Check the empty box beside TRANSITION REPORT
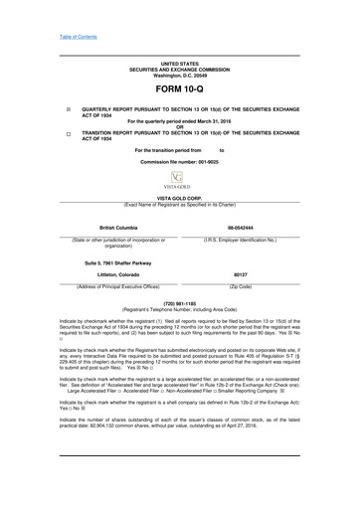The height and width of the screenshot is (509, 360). [x=69, y=131]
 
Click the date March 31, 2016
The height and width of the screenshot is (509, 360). [x=222, y=119]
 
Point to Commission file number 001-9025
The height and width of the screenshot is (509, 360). [x=180, y=160]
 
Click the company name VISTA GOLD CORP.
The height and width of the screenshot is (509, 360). [x=180, y=199]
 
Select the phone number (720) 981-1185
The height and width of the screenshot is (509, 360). [x=180, y=302]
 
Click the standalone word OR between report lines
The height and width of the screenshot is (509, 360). [x=180, y=125]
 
